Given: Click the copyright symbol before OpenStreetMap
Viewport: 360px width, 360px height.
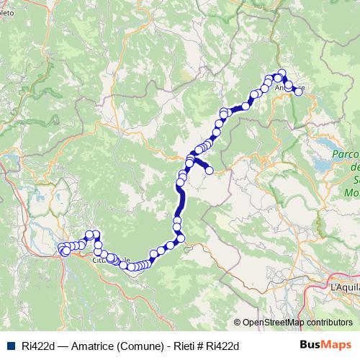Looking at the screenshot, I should [237, 323].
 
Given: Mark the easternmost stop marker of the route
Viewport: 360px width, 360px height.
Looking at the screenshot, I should [299, 91].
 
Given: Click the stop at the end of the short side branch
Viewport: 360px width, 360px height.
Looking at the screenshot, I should [210, 171].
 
